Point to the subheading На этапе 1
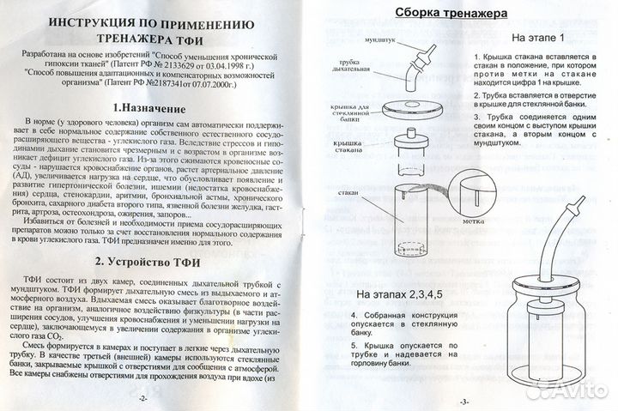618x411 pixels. coord(538,39)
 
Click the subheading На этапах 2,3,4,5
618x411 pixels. coord(400,294)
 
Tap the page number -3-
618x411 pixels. coord(463,401)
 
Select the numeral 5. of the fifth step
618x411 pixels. coord(354,345)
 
